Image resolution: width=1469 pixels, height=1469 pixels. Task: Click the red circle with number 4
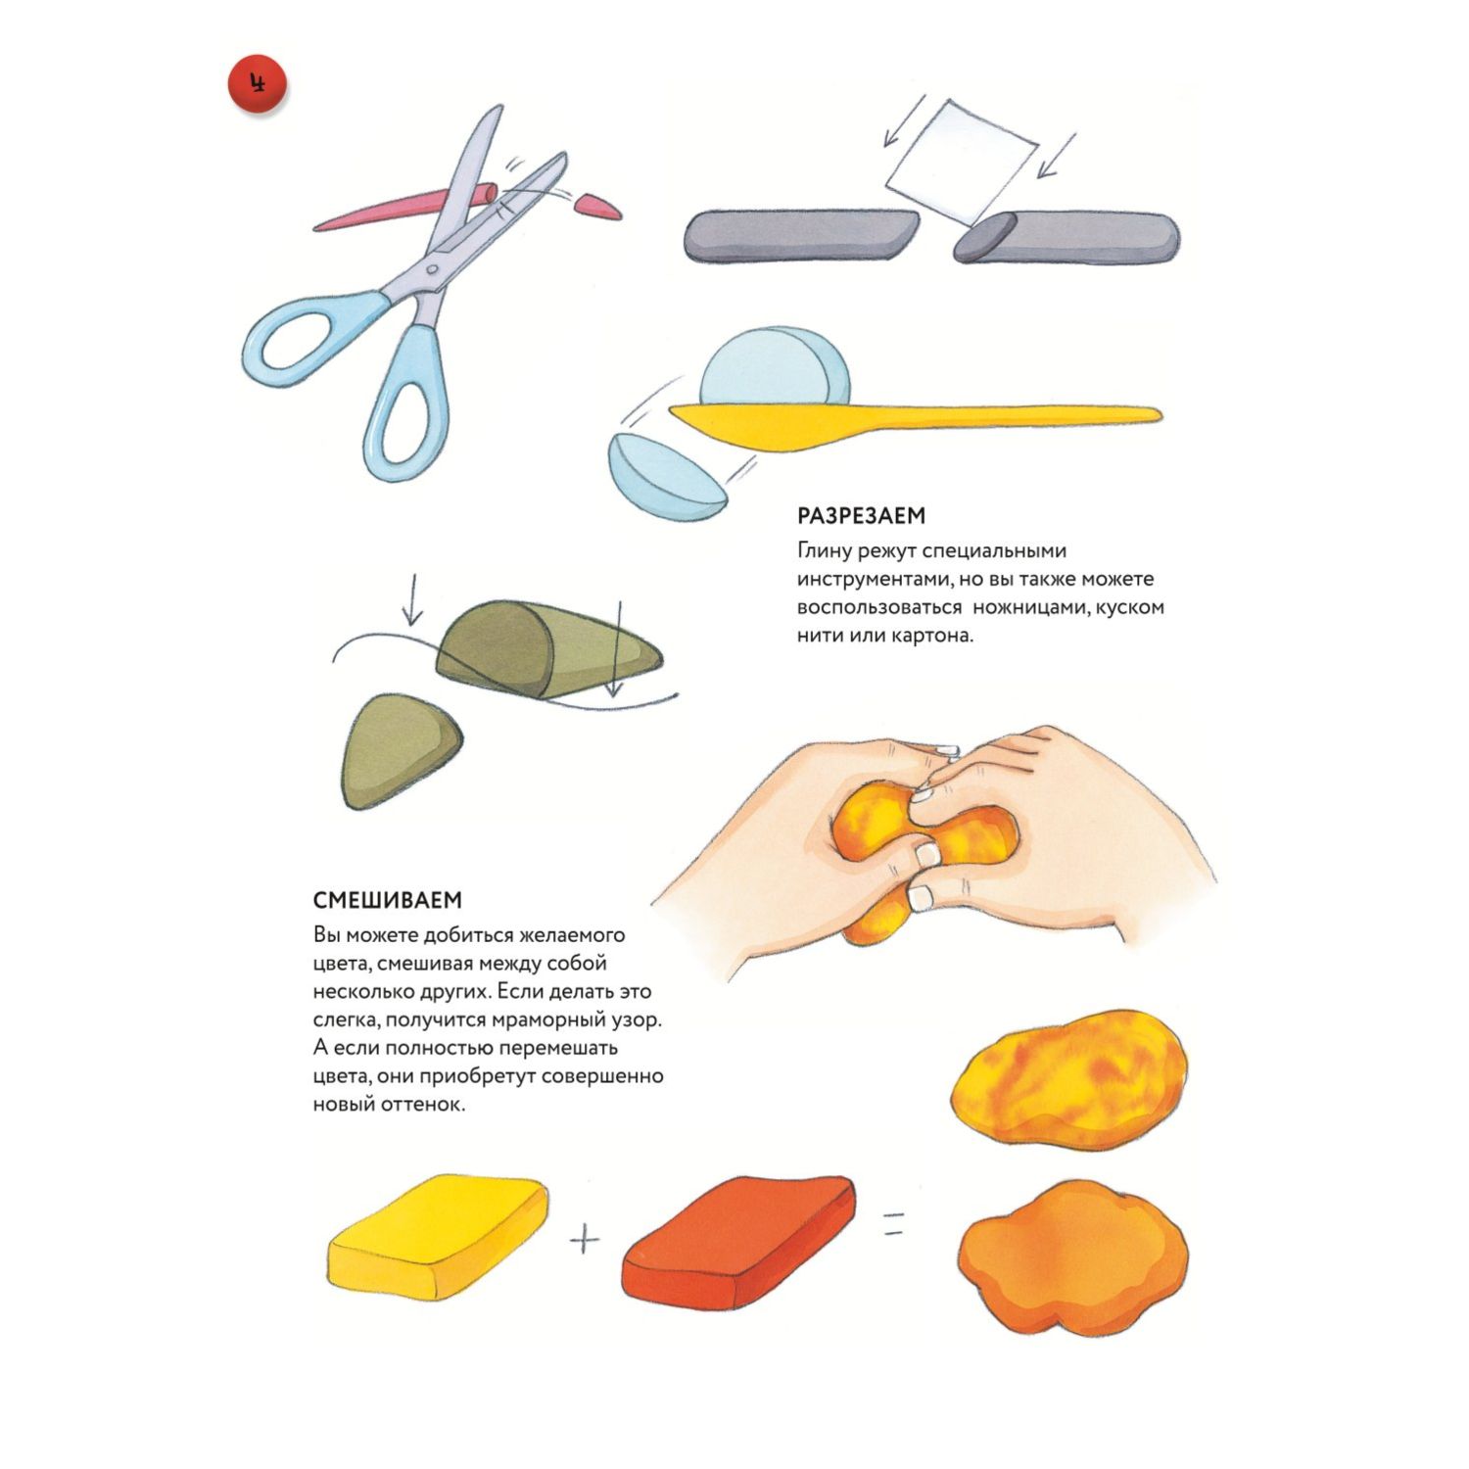(258, 84)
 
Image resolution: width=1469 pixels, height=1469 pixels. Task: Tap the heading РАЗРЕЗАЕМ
(862, 516)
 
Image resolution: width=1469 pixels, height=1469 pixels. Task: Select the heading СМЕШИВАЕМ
(388, 900)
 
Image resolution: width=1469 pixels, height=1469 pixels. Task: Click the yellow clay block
(437, 1235)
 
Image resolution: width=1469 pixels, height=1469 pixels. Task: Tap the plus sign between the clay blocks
(585, 1241)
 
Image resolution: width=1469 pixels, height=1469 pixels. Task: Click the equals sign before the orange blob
(892, 1223)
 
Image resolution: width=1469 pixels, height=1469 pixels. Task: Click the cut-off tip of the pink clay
(597, 207)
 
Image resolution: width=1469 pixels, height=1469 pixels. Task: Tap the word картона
(936, 636)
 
